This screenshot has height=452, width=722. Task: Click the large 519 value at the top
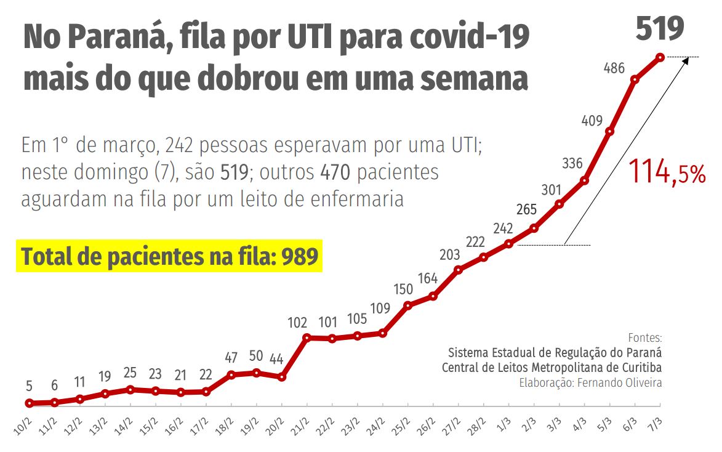coord(660,28)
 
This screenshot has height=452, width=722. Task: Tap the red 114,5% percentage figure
coord(667,172)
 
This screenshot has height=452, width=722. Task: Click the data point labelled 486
coord(635,79)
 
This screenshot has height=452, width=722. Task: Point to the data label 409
coord(593,121)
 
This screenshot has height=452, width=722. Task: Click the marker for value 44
coord(282,377)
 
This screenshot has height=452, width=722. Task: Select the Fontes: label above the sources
coord(645,338)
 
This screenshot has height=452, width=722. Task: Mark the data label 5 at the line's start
coord(28,387)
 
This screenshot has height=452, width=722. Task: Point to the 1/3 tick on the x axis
coord(506,426)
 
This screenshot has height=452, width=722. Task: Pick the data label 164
coord(427,278)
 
